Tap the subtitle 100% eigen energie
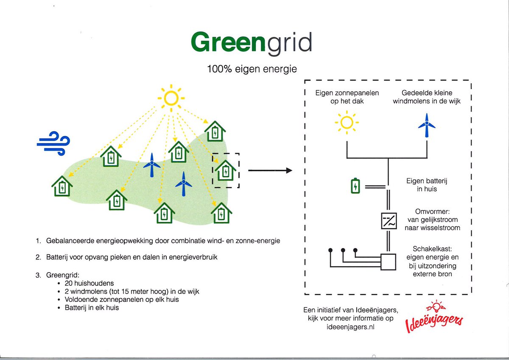(252, 69)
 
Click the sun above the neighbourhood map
(171, 98)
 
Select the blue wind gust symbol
(53, 143)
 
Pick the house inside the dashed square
(225, 171)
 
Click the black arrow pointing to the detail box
(270, 171)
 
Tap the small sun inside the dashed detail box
(347, 123)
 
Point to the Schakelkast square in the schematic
(388, 262)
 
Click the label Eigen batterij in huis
(427, 185)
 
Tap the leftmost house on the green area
(62, 186)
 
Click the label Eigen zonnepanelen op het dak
(347, 97)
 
